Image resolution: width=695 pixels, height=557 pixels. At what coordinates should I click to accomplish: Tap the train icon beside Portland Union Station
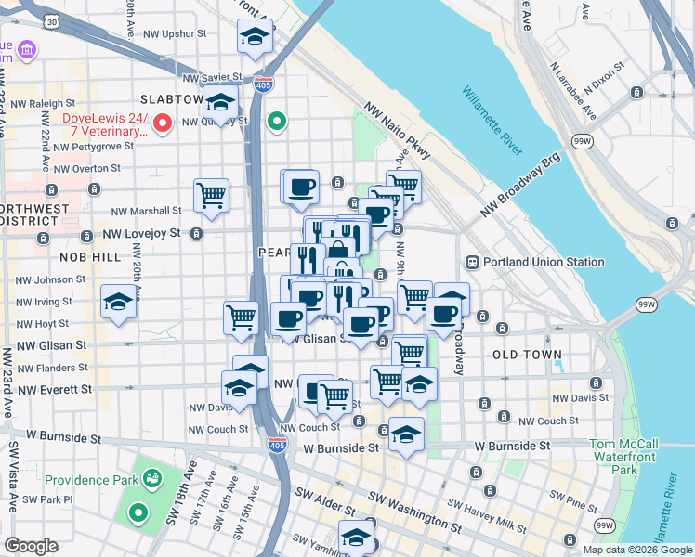(x=472, y=262)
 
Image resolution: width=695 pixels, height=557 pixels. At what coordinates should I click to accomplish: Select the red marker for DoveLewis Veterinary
(x=164, y=123)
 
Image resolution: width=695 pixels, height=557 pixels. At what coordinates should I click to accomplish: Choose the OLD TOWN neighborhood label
(x=527, y=355)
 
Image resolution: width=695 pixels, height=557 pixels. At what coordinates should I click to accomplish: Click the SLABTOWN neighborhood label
(x=171, y=98)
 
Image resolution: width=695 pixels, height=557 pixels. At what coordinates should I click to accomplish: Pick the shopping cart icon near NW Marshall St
(x=212, y=196)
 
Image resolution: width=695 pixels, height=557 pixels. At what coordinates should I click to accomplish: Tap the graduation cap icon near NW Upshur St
(x=253, y=36)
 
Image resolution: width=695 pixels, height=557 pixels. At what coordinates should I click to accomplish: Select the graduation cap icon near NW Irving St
(x=118, y=302)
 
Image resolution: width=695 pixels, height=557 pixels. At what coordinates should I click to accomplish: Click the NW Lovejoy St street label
(x=141, y=234)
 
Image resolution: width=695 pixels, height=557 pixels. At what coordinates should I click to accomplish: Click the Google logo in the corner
(x=31, y=546)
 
